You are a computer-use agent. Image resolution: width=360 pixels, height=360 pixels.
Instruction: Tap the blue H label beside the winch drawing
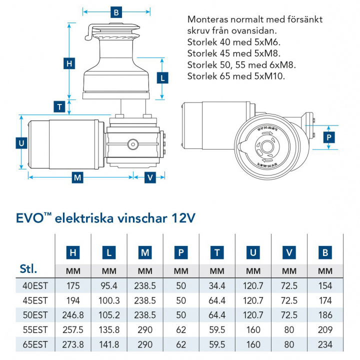coord(69,63)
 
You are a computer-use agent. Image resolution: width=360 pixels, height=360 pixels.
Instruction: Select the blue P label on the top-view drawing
coord(328,137)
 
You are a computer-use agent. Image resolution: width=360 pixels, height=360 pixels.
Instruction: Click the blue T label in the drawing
coord(60,106)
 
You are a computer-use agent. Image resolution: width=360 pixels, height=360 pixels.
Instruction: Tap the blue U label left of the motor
coord(21,143)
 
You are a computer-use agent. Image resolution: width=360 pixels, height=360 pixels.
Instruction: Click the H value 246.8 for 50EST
coord(73,315)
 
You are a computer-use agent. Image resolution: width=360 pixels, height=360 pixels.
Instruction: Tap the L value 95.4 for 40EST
coord(109,286)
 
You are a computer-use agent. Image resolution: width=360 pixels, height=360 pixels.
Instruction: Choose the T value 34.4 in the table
coord(217,286)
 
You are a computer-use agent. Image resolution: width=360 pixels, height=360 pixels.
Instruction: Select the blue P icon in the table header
coord(181,253)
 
